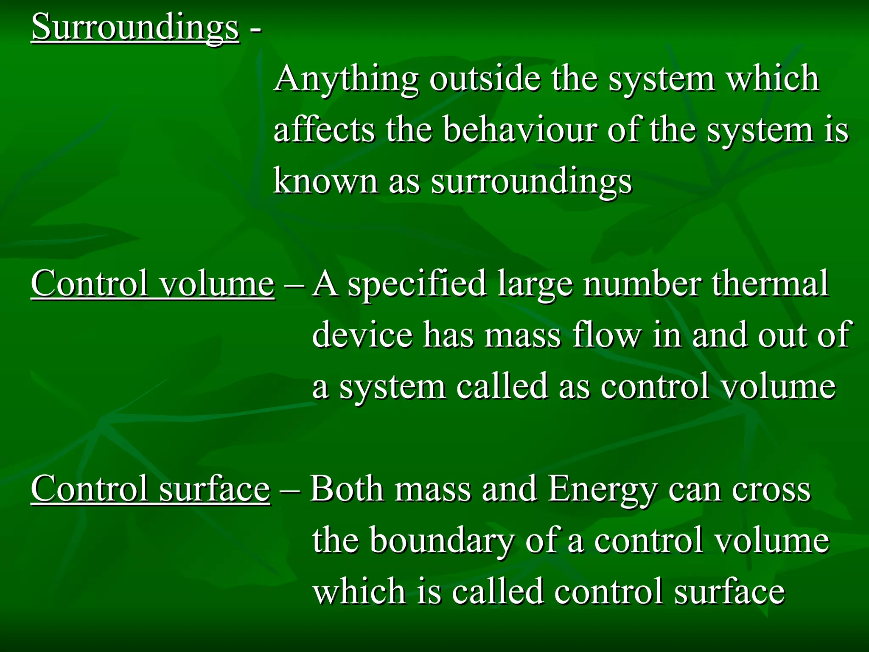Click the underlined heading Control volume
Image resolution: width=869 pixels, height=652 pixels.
(153, 284)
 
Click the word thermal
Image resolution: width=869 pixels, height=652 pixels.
(770, 284)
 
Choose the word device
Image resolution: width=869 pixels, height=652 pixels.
(362, 335)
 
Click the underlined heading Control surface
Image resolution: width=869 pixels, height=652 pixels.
(150, 489)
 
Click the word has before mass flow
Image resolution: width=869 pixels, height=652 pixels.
(449, 335)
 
